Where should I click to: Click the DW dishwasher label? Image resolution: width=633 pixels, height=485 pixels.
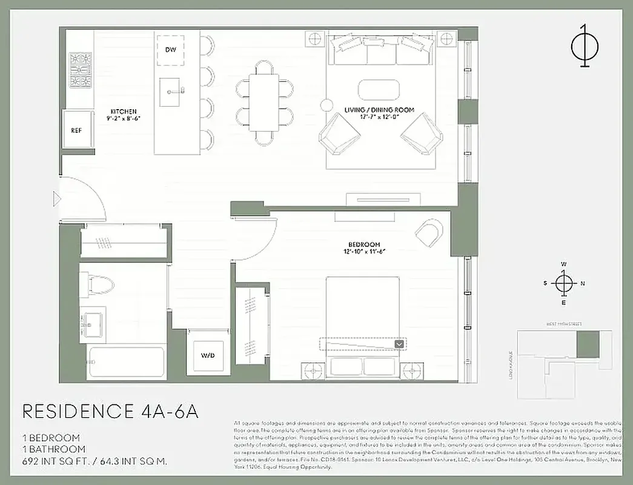(170, 48)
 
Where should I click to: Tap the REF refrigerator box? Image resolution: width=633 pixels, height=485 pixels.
(77, 130)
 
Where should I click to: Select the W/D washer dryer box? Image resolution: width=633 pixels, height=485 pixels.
(208, 353)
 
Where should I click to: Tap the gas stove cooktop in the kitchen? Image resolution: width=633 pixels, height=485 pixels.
(80, 70)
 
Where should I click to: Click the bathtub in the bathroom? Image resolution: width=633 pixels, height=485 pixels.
(126, 363)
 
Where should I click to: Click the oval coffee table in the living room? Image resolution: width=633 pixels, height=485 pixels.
(379, 90)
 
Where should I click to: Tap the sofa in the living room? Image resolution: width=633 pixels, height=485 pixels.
(382, 49)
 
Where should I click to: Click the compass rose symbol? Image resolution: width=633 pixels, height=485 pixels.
(563, 283)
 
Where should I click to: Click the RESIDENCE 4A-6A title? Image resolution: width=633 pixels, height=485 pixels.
(110, 410)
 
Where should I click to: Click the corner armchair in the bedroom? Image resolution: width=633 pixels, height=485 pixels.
(429, 231)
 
